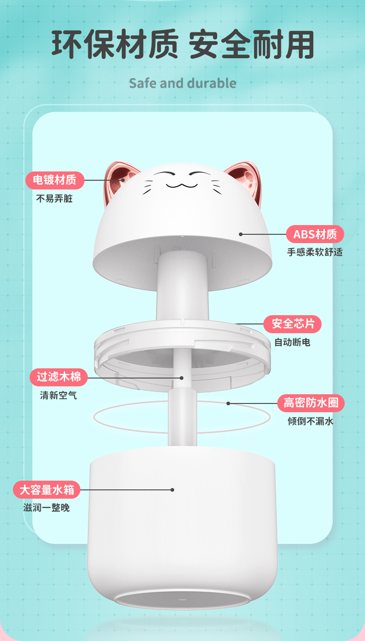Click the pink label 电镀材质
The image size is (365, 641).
[55, 180]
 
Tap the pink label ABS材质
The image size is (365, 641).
[315, 234]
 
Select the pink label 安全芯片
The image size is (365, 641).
[292, 324]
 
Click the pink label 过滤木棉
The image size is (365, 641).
[59, 377]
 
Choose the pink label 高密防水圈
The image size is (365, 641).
[310, 403]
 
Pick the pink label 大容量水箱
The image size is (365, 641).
[47, 490]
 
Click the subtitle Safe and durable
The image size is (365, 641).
[182, 83]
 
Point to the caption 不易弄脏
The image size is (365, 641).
[55, 199]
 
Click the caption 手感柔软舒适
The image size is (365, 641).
[315, 252]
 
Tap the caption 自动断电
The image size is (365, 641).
[292, 342]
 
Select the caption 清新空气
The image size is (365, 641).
[58, 395]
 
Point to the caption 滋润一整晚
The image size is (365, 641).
[46, 508]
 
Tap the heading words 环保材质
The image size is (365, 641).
[114, 45]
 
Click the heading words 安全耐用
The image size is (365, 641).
[252, 45]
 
